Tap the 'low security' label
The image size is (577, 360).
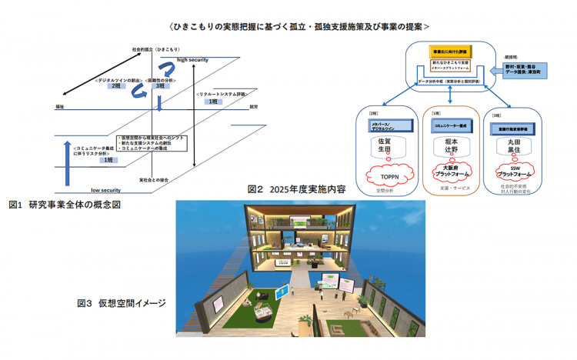click(106, 189)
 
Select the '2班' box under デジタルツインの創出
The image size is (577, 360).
click(117, 85)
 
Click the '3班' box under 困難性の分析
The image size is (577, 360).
click(160, 85)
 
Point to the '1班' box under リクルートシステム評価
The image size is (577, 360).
click(210, 101)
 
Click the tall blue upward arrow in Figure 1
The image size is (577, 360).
click(68, 162)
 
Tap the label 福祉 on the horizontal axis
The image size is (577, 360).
click(60, 106)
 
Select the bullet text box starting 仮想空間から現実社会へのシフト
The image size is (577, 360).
click(148, 144)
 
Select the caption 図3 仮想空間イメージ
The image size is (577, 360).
click(122, 303)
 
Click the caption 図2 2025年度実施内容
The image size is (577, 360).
click(297, 189)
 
